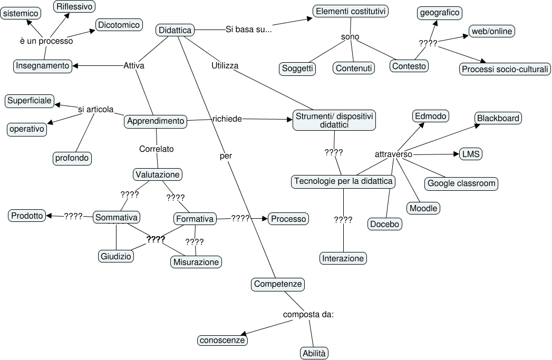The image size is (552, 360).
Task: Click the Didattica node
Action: (x=175, y=31)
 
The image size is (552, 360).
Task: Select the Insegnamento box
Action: (x=43, y=65)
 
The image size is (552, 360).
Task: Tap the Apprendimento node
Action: (x=156, y=121)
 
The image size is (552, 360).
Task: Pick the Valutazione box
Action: (x=158, y=174)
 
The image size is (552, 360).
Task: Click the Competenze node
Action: (x=278, y=284)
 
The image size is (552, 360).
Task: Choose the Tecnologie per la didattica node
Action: (x=344, y=181)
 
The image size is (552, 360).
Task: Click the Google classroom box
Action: (x=462, y=183)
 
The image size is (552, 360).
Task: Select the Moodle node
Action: (x=424, y=208)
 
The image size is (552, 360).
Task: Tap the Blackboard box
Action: (x=498, y=118)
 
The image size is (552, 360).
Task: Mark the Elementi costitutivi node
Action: (x=351, y=11)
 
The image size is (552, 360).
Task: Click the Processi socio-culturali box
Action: (x=505, y=69)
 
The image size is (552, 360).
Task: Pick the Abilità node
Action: (x=314, y=353)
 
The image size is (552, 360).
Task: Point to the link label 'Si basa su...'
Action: (x=248, y=30)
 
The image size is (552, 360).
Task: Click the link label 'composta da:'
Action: (x=308, y=315)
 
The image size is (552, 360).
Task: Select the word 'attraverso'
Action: (x=393, y=154)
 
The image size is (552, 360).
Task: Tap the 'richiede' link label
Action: (x=227, y=119)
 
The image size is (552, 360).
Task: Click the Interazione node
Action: (x=343, y=258)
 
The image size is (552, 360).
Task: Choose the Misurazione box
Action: (x=197, y=261)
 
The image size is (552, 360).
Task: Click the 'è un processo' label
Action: (x=46, y=41)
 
